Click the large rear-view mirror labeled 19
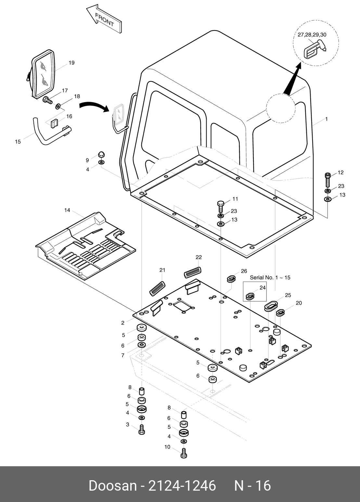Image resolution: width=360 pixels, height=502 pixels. coord(44,73)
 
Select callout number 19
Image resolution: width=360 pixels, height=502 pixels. coord(71,63)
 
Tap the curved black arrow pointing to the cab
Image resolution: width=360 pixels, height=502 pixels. coord(93,106)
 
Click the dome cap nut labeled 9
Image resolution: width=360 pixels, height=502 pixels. coord(101,154)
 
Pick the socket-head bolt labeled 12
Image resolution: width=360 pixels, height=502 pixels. coord(328,179)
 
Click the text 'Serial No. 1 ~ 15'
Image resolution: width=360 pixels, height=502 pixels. coord(270,278)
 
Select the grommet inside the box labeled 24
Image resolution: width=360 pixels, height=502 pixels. coord(250,296)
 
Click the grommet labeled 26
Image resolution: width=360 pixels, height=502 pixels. coord(231,279)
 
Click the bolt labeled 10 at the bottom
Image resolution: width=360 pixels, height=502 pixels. coord(183,453)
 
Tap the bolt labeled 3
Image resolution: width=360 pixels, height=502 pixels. coord(141,429)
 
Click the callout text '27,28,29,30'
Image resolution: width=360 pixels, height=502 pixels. coord(312,35)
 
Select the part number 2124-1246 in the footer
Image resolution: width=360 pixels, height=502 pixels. coord(182,486)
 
